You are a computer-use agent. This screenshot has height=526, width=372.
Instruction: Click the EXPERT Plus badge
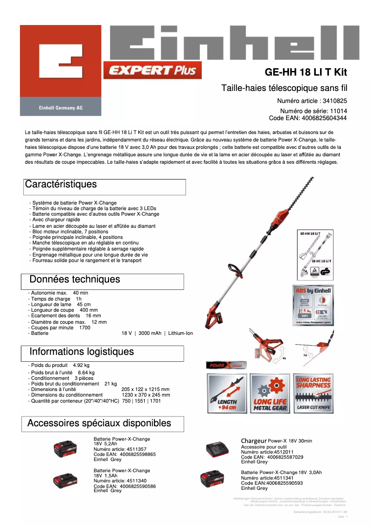(153, 71)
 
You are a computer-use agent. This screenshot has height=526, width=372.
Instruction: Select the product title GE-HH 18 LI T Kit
(306, 72)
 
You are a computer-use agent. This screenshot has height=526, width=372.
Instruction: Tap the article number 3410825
(334, 101)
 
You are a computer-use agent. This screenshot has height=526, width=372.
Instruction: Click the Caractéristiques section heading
(61, 184)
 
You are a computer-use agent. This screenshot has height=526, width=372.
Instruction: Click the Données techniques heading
(75, 279)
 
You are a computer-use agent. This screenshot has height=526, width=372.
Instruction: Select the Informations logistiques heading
(81, 352)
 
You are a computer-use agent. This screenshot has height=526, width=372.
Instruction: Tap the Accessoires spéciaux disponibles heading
(99, 423)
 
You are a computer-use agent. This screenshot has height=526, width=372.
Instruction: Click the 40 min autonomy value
(80, 293)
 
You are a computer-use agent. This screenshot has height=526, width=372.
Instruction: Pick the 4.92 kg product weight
(81, 366)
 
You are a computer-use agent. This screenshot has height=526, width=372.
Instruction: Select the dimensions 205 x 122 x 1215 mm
(145, 389)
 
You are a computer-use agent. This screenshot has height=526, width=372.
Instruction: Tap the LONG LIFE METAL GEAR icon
(270, 393)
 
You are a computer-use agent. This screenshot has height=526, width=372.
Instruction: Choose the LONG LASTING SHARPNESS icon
(314, 393)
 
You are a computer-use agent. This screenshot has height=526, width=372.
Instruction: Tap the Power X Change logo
(226, 365)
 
